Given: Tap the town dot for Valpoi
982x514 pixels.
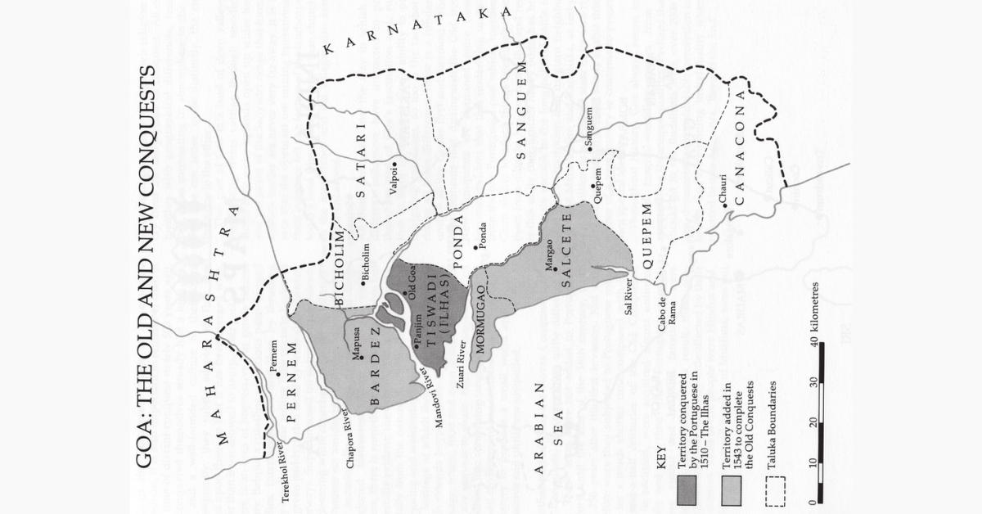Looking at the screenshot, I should pyautogui.click(x=394, y=165).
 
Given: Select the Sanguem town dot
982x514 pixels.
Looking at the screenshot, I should pyautogui.click(x=588, y=149).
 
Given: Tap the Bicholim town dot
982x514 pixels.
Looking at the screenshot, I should pyautogui.click(x=363, y=284).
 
